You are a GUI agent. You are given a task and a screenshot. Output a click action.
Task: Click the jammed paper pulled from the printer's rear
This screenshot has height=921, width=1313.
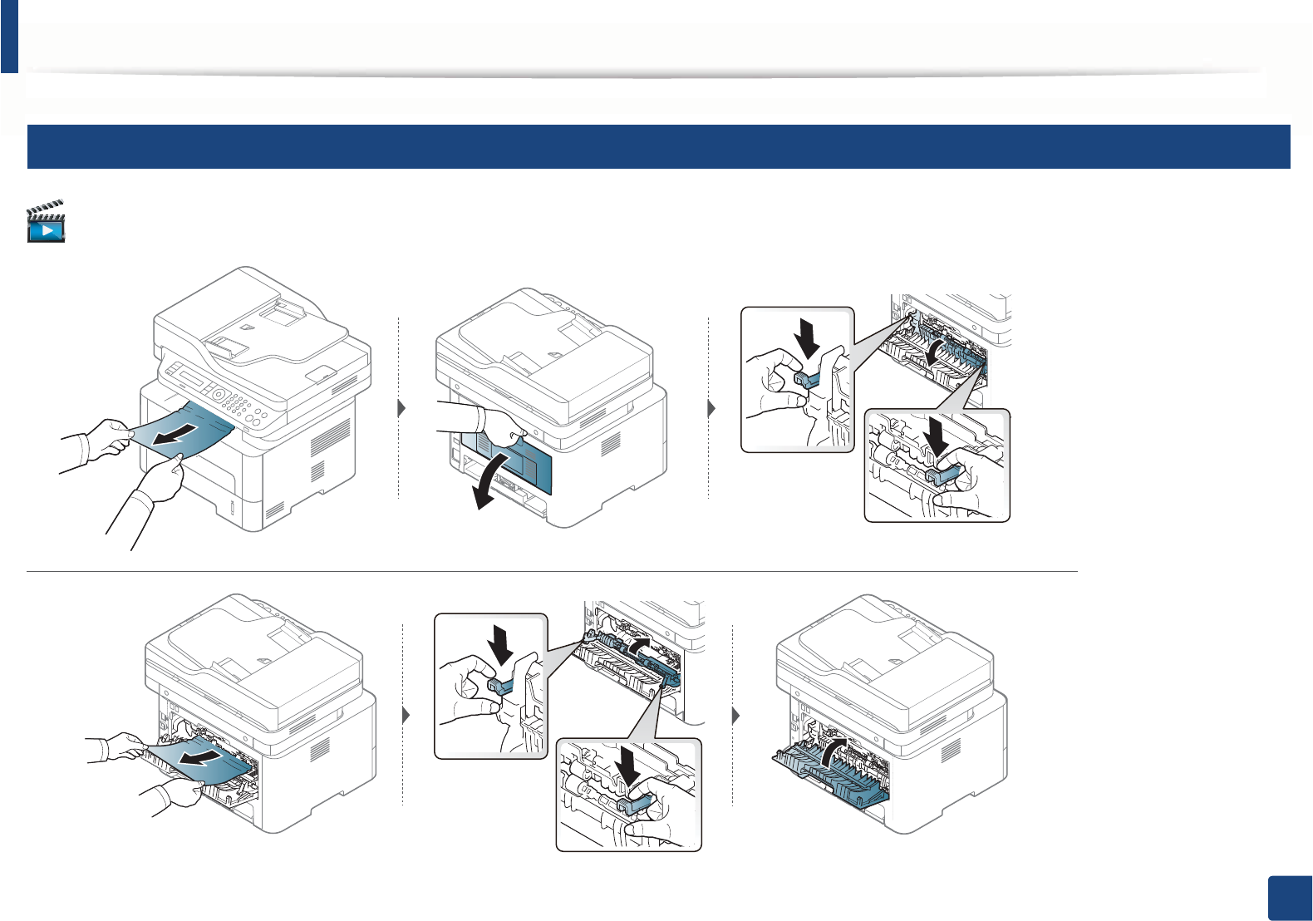[199, 761]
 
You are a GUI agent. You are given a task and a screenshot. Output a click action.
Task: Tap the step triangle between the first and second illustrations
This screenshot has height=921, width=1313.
[402, 409]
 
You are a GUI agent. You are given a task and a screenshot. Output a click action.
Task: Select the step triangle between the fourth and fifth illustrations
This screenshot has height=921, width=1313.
[406, 716]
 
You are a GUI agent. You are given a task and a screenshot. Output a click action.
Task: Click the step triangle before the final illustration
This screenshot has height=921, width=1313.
[735, 716]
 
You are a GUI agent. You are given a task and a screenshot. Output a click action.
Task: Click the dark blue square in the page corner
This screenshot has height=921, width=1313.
[1291, 899]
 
